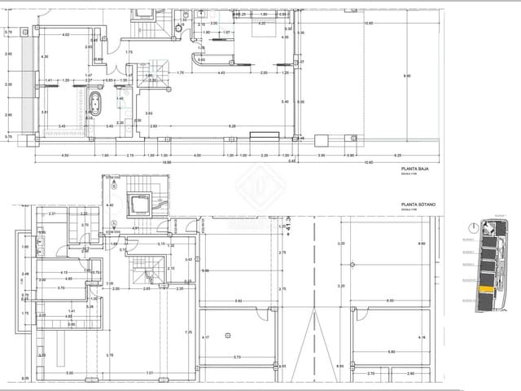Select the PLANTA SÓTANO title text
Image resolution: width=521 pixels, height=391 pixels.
(x=416, y=205)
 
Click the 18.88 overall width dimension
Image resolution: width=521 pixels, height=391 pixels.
(x=166, y=161)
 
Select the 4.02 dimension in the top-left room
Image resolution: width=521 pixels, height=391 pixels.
(x=66, y=34)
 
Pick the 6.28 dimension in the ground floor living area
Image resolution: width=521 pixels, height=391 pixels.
(x=232, y=126)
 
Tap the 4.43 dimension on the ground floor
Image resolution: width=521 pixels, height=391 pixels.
(x=221, y=73)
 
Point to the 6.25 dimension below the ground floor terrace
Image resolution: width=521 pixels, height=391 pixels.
(x=398, y=155)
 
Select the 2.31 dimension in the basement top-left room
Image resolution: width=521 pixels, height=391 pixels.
(x=52, y=213)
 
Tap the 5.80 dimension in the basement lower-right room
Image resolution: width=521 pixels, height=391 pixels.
(x=392, y=351)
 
